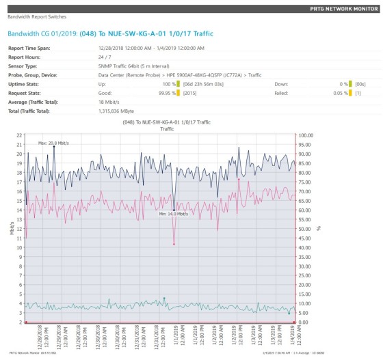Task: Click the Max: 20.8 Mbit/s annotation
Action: [x=52, y=143]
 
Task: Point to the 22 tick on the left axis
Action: [x=18, y=135]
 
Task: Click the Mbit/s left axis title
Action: [x=12, y=228]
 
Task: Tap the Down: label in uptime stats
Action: [x=281, y=84]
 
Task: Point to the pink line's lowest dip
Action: [x=174, y=244]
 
